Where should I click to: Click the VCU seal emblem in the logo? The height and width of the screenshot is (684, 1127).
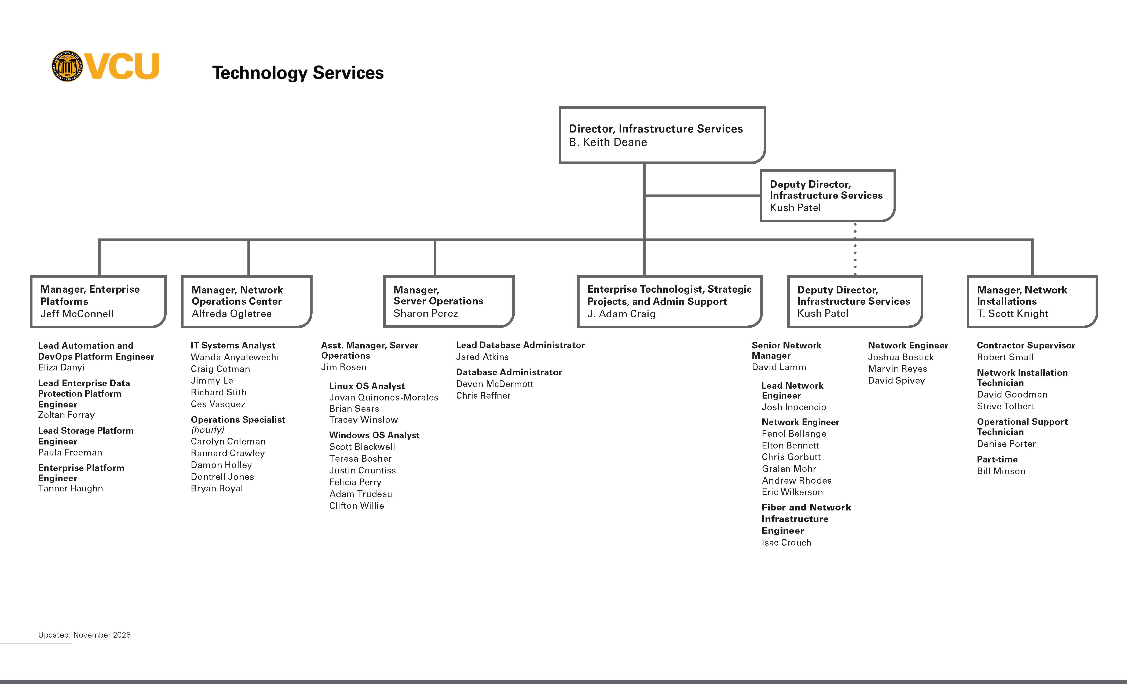[67, 66]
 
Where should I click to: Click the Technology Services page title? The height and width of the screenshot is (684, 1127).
[298, 73]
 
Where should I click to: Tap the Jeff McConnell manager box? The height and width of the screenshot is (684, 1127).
[98, 301]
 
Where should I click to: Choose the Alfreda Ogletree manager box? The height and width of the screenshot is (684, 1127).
[247, 301]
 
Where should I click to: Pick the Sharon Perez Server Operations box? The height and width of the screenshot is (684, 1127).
[449, 301]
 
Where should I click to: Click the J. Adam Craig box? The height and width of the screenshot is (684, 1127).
[669, 301]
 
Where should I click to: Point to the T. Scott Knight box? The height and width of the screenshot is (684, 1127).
[1032, 301]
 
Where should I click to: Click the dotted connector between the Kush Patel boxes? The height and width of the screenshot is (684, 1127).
[855, 249]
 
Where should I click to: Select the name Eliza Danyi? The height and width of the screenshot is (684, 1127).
[61, 367]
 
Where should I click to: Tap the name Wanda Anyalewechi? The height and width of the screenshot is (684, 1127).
[235, 357]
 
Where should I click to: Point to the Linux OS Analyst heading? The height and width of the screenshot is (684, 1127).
[367, 386]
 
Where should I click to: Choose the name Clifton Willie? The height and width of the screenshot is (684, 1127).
[356, 506]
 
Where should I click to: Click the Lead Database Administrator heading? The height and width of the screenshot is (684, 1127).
[520, 345]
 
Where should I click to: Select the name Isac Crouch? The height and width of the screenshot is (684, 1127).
[786, 543]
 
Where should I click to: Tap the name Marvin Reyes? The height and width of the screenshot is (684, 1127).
[897, 369]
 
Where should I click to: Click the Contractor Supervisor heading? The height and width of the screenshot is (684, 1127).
[1026, 345]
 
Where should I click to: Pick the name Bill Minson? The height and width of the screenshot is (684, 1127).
[1001, 471]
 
